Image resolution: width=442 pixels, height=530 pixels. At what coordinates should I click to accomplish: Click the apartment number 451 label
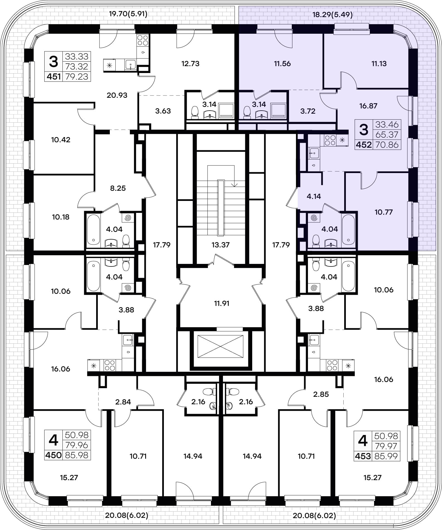pyautogui.click(x=54, y=76)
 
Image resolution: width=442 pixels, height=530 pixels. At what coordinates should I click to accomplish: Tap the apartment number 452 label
pyautogui.click(x=364, y=145)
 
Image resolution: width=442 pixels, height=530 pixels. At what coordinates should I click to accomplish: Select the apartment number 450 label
pyautogui.click(x=54, y=455)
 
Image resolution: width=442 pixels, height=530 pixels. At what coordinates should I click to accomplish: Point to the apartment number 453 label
pyautogui.click(x=363, y=456)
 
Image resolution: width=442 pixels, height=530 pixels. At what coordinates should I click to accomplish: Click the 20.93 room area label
pyautogui.click(x=117, y=95)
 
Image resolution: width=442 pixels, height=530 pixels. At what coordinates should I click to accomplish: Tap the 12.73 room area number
pyautogui.click(x=190, y=64)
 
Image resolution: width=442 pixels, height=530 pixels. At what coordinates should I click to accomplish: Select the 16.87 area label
pyautogui.click(x=368, y=106)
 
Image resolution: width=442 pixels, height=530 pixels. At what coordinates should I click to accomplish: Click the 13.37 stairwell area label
pyautogui.click(x=220, y=245)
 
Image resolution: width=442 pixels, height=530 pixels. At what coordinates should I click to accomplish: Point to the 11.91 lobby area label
pyautogui.click(x=222, y=303)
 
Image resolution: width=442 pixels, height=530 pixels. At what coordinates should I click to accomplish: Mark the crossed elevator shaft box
pyautogui.click(x=220, y=346)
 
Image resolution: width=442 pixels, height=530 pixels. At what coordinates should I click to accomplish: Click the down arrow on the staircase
pyautogui.click(x=234, y=184)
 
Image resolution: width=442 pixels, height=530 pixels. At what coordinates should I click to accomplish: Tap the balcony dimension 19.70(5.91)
pyautogui.click(x=128, y=14)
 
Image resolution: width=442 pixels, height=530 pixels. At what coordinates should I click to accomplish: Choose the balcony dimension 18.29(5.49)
pyautogui.click(x=332, y=14)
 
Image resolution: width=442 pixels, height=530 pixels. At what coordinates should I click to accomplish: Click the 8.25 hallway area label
pyautogui.click(x=118, y=188)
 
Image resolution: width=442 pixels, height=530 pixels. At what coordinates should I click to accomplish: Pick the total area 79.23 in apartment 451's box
pyautogui.click(x=77, y=76)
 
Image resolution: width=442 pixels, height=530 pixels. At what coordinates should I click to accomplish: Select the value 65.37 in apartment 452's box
pyautogui.click(x=387, y=135)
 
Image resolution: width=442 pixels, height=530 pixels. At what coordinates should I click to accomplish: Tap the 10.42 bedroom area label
pyautogui.click(x=61, y=140)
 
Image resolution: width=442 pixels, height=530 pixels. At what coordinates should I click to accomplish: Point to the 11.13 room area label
pyautogui.click(x=379, y=64)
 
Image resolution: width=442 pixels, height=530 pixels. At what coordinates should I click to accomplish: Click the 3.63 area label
pyautogui.click(x=163, y=111)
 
